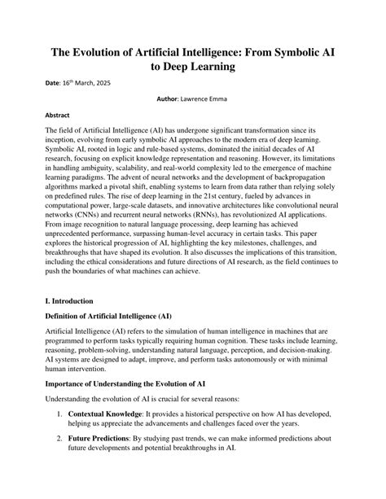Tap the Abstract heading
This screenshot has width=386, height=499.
coord(57,116)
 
